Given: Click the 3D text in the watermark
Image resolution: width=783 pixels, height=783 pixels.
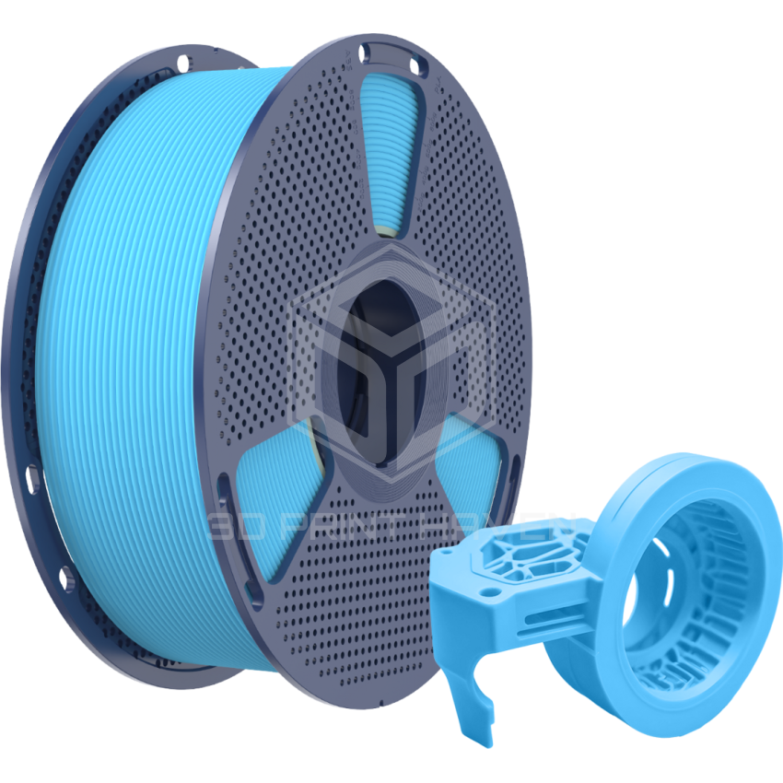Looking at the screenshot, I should (234, 526).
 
